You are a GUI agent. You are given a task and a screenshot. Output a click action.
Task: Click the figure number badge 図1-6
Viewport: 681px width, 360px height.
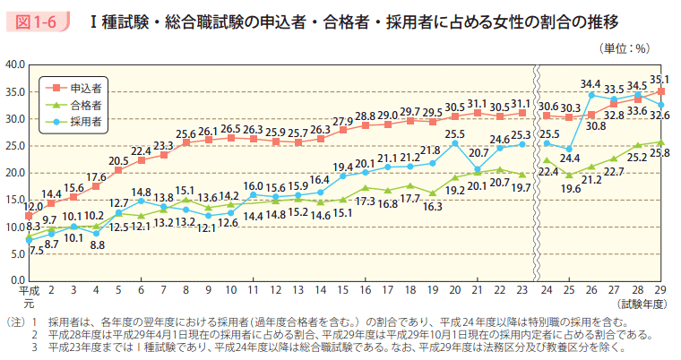(x=40, y=19)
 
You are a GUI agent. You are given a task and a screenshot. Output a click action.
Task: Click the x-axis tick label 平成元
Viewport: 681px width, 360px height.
(x=29, y=296)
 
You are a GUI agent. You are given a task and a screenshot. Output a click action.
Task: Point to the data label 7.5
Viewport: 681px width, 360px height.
(x=38, y=251)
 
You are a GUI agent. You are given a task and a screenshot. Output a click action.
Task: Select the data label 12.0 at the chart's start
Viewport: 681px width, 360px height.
(x=33, y=207)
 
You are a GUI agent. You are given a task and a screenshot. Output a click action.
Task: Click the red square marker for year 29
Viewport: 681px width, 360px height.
(x=660, y=91)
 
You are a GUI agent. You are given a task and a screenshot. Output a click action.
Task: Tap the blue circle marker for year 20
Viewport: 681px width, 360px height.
(x=455, y=143)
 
